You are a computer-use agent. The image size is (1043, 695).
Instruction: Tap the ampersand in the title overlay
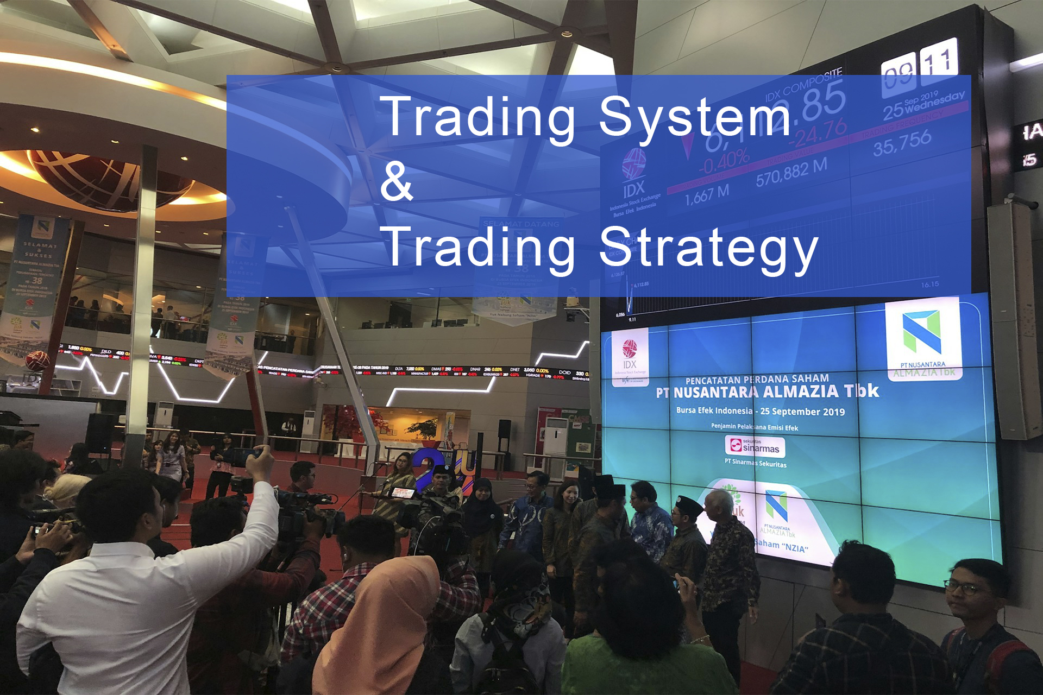click(397, 182)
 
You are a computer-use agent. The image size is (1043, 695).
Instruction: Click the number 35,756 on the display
click(902, 143)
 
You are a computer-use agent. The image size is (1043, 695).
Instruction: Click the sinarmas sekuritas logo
click(755, 446)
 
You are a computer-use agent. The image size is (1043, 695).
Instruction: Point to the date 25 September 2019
click(802, 412)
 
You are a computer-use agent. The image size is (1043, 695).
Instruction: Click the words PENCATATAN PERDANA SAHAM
click(757, 379)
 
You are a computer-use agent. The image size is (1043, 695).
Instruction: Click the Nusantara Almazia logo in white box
click(922, 339)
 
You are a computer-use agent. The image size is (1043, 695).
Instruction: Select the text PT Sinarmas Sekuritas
click(755, 463)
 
